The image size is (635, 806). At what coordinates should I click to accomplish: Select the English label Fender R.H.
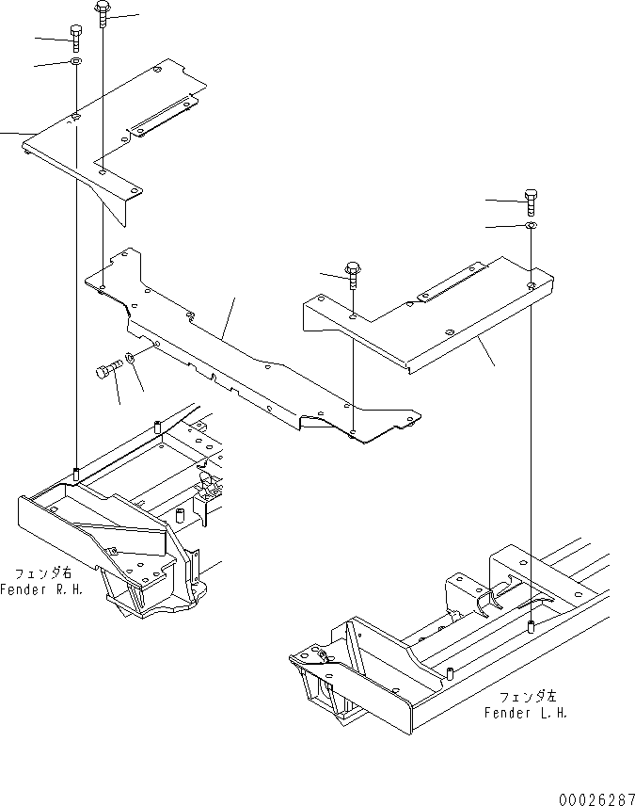(46, 589)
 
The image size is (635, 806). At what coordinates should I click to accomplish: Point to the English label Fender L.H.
(526, 713)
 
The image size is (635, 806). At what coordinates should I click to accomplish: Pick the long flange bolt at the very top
(102, 12)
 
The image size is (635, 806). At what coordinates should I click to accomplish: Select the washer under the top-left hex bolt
(75, 62)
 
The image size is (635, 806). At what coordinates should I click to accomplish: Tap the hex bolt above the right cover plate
(532, 199)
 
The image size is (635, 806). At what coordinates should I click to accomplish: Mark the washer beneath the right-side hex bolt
(532, 226)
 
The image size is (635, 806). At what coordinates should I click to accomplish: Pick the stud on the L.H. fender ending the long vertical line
(532, 627)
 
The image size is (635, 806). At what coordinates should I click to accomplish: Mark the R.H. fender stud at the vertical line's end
(75, 471)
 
